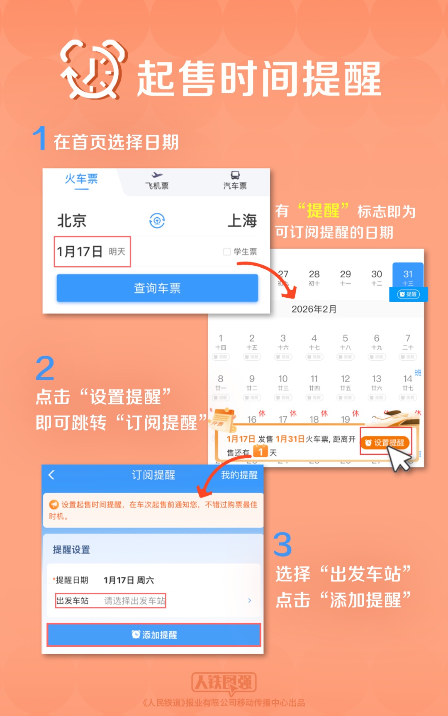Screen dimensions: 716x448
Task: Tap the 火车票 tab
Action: [x=81, y=180]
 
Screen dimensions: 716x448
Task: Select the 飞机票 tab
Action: [x=157, y=181]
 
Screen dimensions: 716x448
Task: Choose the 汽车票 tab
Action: [x=235, y=181]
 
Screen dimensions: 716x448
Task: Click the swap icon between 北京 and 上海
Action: [x=157, y=221]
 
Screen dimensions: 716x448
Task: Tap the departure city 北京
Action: [x=72, y=221]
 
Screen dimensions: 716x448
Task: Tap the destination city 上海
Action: [x=242, y=221]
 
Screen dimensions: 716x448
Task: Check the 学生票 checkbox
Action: [x=227, y=252]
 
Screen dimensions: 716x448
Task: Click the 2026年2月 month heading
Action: [x=314, y=309]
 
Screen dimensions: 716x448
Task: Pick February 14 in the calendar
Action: [x=408, y=383]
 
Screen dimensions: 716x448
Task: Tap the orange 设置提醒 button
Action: [x=385, y=443]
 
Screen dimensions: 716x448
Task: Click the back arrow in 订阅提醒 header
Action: [x=52, y=475]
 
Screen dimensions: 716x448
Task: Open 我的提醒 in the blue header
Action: [x=239, y=475]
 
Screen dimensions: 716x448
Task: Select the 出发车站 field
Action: [x=111, y=600]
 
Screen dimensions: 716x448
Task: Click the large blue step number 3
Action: [x=282, y=544]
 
